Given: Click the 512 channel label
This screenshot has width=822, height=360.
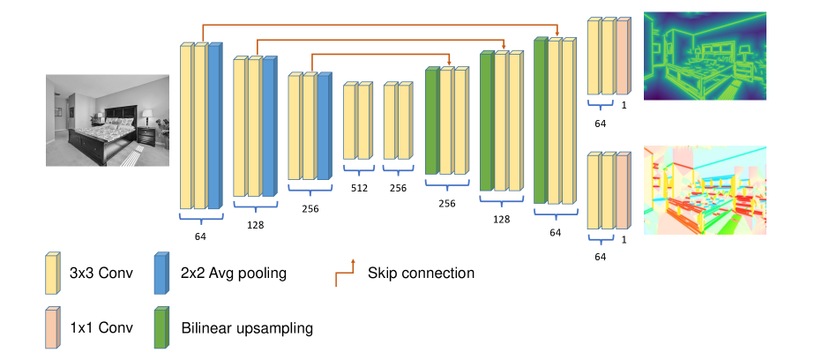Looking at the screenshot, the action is pos(360,189).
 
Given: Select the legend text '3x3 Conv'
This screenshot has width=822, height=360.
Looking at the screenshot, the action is pos(101,274).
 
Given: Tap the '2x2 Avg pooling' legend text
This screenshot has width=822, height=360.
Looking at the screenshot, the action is pos(234,274).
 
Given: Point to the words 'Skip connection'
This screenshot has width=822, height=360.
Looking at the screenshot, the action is pos(421,273).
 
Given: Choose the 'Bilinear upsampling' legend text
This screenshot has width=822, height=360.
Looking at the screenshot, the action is pos(247,328).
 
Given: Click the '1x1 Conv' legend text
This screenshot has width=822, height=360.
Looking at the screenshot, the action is pos(101,328).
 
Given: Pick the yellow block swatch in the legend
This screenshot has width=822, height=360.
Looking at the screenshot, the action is pos(52,274).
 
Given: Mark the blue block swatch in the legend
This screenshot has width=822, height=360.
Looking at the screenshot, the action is pos(161,274).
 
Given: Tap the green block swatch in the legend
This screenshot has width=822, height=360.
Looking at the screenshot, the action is pos(161,327).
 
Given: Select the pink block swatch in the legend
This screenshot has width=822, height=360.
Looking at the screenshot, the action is pos(52,327).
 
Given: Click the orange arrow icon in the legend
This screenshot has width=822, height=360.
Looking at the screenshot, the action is pos(345,274).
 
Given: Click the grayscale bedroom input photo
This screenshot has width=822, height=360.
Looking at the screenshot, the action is pos(108,120).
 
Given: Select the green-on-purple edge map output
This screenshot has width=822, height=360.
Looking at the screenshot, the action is pos(705,56).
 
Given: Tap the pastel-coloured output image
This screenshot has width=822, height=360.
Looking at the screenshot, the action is pos(705,190).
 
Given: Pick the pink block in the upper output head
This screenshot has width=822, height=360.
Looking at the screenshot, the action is pos(623,56).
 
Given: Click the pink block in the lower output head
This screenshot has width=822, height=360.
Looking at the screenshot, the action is pos(623,191).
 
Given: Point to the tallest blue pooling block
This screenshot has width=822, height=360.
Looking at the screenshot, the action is pos(215,126).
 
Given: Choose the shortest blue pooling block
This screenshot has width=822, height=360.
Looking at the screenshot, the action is pos(324,126).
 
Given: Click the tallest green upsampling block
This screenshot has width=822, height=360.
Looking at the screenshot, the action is pos(541,120).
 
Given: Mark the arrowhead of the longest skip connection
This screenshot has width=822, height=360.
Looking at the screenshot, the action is pos(557,34).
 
